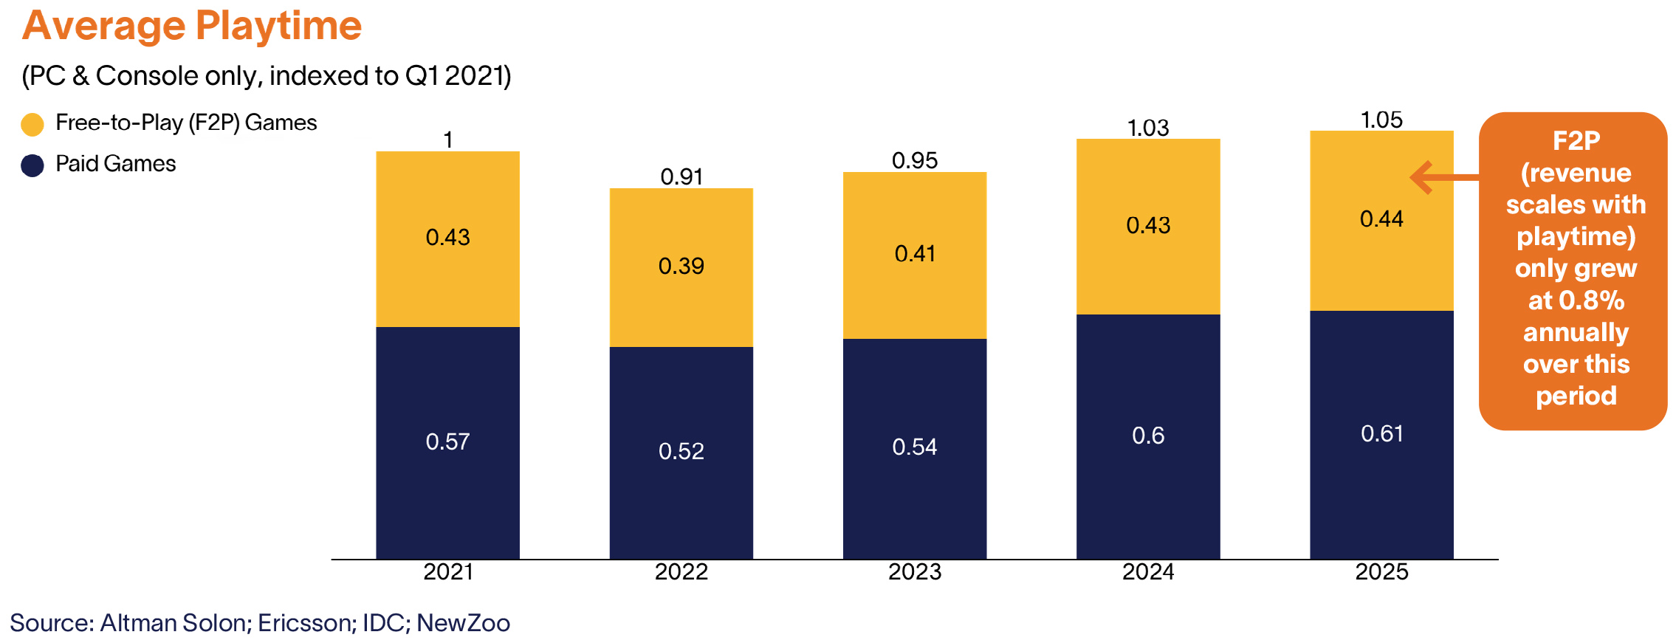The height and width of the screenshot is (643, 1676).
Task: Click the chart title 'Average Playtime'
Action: click(x=192, y=26)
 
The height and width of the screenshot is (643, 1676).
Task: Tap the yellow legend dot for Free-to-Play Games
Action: click(x=32, y=124)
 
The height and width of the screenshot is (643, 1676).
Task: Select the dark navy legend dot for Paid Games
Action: click(x=32, y=165)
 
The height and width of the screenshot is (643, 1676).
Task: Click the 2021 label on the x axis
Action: click(x=447, y=571)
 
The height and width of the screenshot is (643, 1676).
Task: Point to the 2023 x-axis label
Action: click(x=915, y=571)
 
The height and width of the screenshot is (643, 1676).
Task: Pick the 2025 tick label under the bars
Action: click(x=1381, y=571)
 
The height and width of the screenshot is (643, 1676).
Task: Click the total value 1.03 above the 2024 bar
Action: click(x=1148, y=128)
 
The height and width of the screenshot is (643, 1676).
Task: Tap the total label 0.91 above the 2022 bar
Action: click(x=681, y=176)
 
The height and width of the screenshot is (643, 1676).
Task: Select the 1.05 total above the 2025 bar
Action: click(x=1381, y=120)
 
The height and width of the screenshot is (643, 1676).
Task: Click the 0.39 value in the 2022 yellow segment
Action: click(x=681, y=266)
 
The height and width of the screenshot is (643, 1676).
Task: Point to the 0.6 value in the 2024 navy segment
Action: click(x=1148, y=436)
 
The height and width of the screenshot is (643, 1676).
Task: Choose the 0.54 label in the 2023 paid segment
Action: click(x=915, y=447)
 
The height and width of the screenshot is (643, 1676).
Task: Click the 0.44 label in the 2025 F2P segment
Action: click(x=1381, y=219)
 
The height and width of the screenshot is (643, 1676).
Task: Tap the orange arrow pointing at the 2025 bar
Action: click(x=1444, y=177)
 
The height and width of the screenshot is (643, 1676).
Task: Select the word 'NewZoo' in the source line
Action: click(x=463, y=623)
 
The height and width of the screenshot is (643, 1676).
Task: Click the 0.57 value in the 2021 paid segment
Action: click(x=447, y=441)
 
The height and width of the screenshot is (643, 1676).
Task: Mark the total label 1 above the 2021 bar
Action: click(x=448, y=140)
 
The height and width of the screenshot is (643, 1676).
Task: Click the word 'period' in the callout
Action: click(x=1576, y=396)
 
